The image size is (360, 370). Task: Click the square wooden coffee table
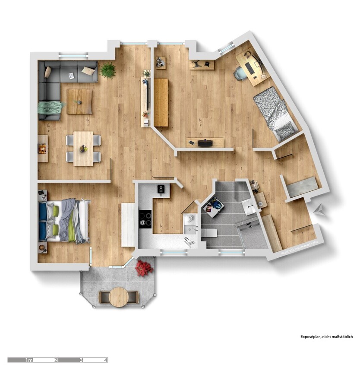point(79,101)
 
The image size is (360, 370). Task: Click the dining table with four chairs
point(83,149)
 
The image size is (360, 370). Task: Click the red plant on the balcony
point(144,268)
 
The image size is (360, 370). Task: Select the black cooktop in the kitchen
point(145,218)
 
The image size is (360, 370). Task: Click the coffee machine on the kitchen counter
point(161,190)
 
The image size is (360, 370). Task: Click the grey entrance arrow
point(320,210)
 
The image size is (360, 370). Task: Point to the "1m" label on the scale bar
point(29,360)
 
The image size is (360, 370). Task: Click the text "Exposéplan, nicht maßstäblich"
point(327,336)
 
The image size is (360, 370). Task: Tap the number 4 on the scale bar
point(105,360)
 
